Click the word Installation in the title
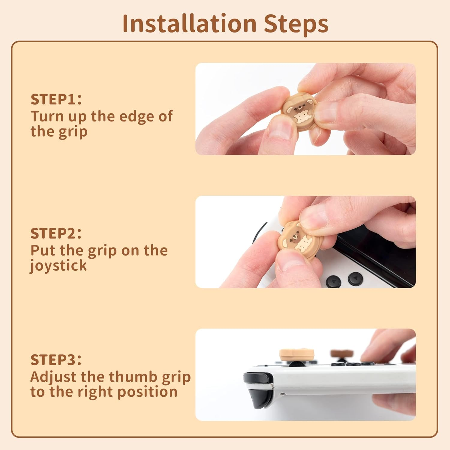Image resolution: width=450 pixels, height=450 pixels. [189, 24]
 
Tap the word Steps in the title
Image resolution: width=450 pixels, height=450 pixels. [296, 24]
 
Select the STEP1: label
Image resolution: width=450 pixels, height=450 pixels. [56, 99]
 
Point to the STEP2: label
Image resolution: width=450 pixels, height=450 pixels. [56, 233]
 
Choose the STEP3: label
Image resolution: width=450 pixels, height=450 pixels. [56, 359]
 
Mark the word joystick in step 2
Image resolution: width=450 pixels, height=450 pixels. [58, 266]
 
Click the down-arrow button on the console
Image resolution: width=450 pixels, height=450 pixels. [333, 282]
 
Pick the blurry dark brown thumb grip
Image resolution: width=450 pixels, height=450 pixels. [341, 353]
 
